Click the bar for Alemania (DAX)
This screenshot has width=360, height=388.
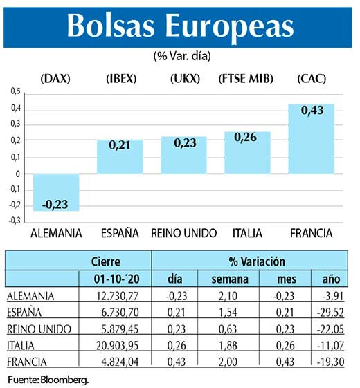[x=56, y=192]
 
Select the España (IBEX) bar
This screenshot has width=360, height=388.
[x=119, y=157]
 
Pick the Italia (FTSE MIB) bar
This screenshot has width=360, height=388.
[x=247, y=153]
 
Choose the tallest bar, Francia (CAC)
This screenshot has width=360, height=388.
[x=311, y=139]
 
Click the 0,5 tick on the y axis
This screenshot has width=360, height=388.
[x=16, y=91]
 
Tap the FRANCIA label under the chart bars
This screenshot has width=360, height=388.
[x=311, y=232]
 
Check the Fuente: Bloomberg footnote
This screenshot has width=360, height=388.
[x=48, y=380]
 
